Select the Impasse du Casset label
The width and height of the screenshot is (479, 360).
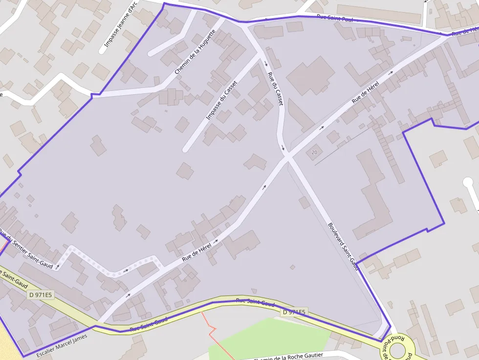(x=221, y=100)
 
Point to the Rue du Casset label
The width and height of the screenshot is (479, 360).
(x=275, y=88)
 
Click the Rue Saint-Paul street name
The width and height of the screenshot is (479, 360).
(x=335, y=18)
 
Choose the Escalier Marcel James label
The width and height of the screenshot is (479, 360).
(x=62, y=345)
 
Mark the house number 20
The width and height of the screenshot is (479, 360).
(x=314, y=152)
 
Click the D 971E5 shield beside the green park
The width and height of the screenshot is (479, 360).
(x=294, y=312)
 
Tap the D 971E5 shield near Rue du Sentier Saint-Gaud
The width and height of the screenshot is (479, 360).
(x=41, y=295)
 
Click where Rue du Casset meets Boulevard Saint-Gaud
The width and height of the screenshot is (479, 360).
(x=288, y=157)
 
